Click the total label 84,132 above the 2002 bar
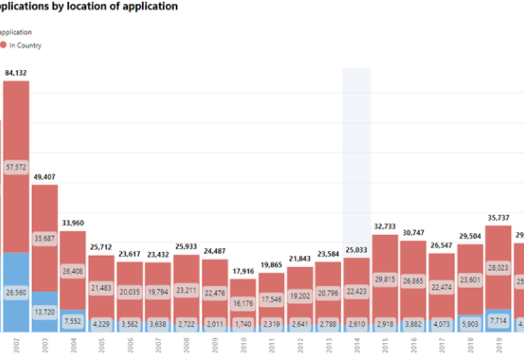(16, 73)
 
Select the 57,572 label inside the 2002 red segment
(16, 168)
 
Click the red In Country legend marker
(3, 45)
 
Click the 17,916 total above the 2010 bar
(243, 272)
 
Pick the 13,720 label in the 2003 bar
(45, 312)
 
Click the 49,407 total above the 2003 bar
(45, 177)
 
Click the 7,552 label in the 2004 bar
(73, 321)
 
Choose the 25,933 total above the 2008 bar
(186, 247)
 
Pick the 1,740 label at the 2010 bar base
(243, 324)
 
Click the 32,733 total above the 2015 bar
(384, 227)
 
